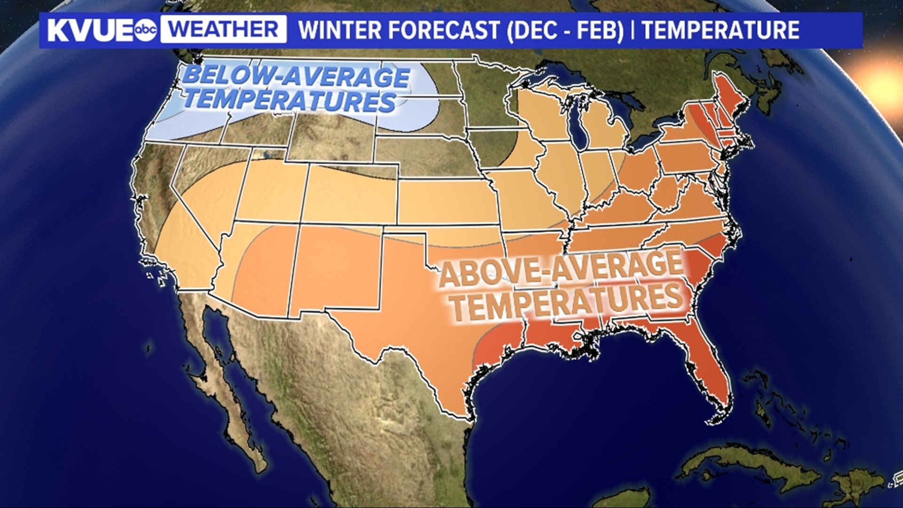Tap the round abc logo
point(146,31)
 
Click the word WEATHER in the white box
point(223,30)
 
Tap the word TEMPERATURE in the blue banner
point(721,30)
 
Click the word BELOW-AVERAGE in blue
point(296,77)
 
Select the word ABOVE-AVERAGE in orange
point(560,270)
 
